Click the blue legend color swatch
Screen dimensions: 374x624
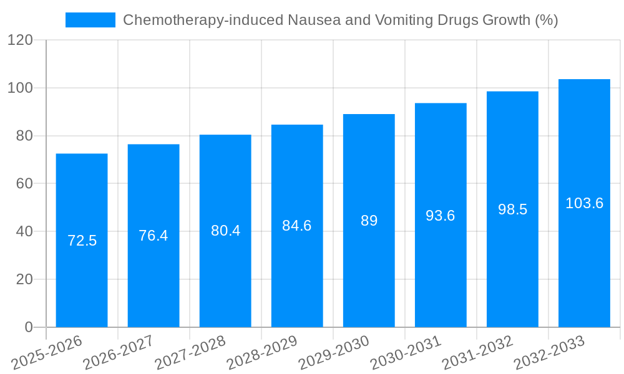(90, 20)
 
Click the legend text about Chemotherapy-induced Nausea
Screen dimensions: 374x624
(340, 20)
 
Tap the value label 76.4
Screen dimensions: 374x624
(154, 236)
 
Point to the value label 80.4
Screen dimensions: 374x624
(225, 231)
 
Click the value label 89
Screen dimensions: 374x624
(369, 221)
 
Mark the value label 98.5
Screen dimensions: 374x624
(512, 209)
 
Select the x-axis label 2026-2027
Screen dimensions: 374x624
(119, 352)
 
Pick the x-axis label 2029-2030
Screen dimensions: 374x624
(334, 352)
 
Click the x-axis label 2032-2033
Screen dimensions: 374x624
(549, 352)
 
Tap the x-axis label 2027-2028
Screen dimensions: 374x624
(191, 352)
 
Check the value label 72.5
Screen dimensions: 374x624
(82, 241)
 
